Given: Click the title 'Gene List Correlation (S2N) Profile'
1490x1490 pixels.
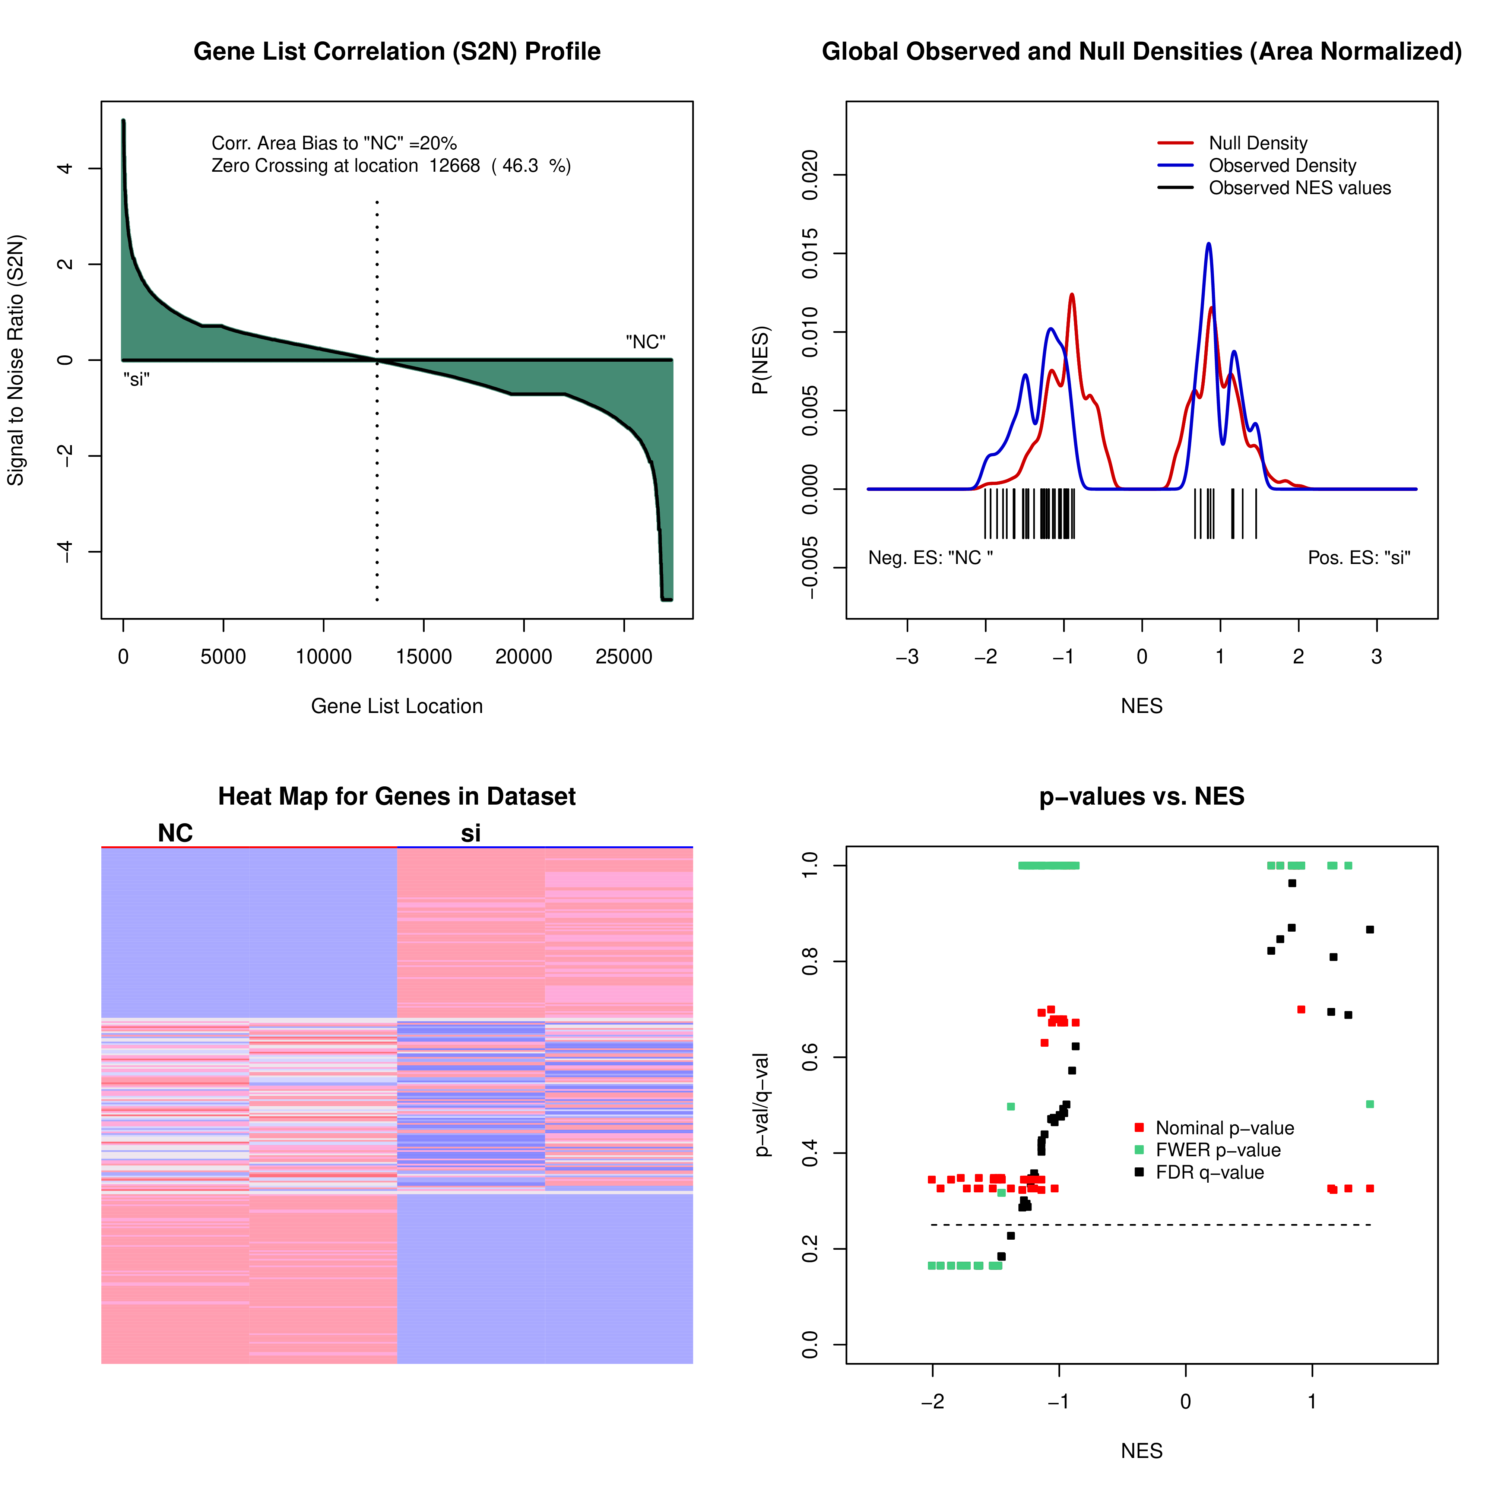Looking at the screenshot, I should pyautogui.click(x=396, y=52).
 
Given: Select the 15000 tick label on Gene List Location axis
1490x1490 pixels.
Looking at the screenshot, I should pyautogui.click(x=424, y=657).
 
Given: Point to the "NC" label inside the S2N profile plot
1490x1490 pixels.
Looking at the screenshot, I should pyautogui.click(x=646, y=342).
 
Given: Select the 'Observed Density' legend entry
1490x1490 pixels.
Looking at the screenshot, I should pyautogui.click(x=1282, y=166).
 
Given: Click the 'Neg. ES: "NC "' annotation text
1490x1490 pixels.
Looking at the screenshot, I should pyautogui.click(x=930, y=558).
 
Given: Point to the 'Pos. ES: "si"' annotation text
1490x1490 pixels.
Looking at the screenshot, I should pyautogui.click(x=1359, y=558).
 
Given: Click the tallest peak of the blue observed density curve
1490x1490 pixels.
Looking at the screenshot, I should pyautogui.click(x=1208, y=244).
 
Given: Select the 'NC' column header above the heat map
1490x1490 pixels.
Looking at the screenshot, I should pyautogui.click(x=175, y=833).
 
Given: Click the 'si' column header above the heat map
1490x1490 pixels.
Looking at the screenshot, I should pyautogui.click(x=470, y=833).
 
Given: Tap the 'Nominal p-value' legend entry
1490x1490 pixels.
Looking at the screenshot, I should pyautogui.click(x=1224, y=1128).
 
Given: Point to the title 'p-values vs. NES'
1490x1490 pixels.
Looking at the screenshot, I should pyautogui.click(x=1141, y=797).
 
